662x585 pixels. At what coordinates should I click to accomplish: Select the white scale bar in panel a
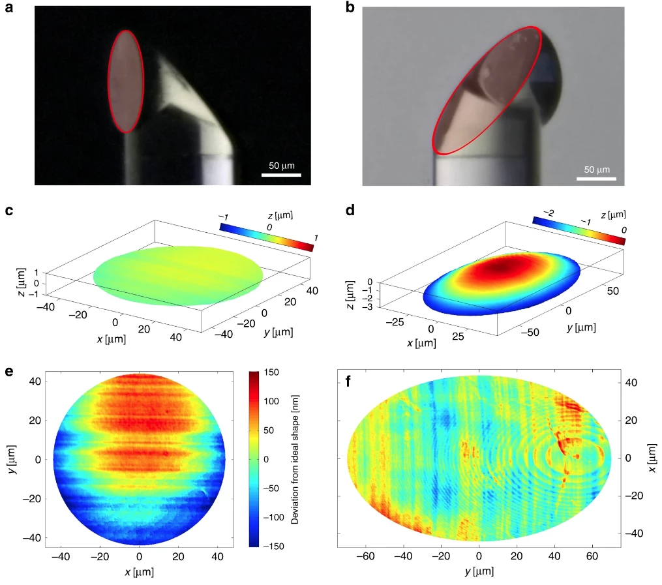coord(281,175)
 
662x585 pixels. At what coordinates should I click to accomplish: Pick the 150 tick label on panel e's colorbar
coord(273,372)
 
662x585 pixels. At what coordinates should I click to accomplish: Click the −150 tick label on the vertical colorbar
coord(275,545)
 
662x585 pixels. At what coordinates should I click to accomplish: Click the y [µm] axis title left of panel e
coord(13,458)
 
